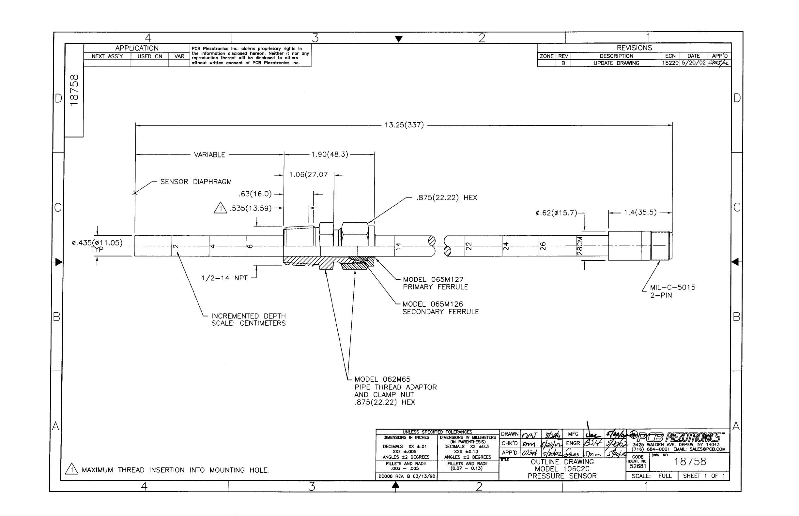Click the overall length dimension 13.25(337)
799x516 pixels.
click(x=404, y=125)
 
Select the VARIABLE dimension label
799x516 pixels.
click(x=209, y=155)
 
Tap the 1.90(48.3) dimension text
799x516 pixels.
click(x=330, y=155)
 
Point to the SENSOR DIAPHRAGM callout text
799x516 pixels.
click(x=196, y=182)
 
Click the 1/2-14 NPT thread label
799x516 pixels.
click(x=224, y=278)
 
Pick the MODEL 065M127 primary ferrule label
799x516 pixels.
click(x=435, y=283)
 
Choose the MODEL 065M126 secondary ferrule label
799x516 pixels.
click(x=440, y=308)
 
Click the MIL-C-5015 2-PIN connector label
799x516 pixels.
click(x=672, y=291)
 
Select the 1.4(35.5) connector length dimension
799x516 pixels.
click(x=640, y=213)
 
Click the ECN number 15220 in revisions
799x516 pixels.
click(x=670, y=63)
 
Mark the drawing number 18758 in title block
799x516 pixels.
click(x=690, y=462)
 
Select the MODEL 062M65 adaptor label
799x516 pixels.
click(x=395, y=391)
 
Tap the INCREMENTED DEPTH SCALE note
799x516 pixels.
click(x=248, y=320)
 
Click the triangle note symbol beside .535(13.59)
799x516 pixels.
click(x=220, y=208)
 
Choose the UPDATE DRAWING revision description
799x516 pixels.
click(x=616, y=63)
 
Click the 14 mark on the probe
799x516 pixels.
click(x=398, y=246)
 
